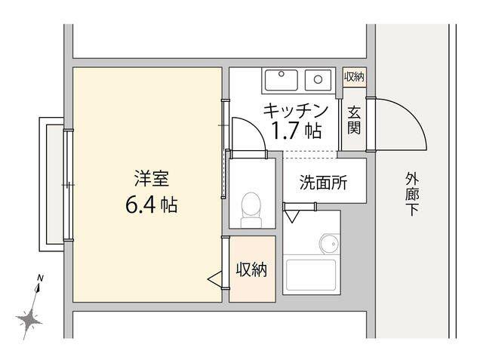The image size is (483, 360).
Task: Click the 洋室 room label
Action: (x=152, y=179)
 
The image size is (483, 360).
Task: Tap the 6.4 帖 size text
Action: (x=151, y=205)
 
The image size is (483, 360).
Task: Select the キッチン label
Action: (x=295, y=111)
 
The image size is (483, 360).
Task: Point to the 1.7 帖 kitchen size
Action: (x=296, y=131)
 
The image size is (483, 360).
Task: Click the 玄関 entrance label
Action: (x=354, y=120)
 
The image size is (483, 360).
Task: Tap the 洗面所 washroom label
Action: (x=323, y=183)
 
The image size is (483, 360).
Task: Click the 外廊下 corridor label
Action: (x=412, y=194)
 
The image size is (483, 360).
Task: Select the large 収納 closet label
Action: (x=251, y=269)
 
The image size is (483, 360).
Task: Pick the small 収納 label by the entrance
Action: (x=354, y=77)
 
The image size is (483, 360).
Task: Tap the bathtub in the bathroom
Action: (x=311, y=275)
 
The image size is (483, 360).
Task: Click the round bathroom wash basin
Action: (x=330, y=244)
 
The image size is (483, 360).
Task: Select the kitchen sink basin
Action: (x=281, y=80)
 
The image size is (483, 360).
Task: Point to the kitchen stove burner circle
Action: (x=318, y=79)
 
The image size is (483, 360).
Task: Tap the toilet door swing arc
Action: (x=255, y=128)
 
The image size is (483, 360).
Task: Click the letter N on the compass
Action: (x=40, y=278)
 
